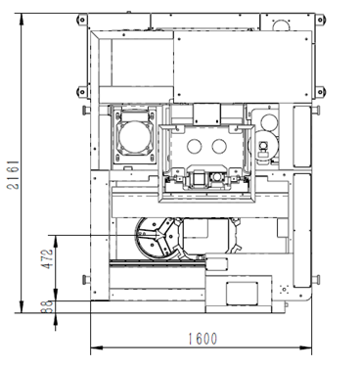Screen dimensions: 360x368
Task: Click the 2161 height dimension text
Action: pyautogui.click(x=14, y=175)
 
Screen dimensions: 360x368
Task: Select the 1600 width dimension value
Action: pyautogui.click(x=202, y=339)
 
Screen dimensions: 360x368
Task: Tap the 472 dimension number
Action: pyautogui.click(x=48, y=258)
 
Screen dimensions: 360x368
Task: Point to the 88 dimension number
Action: pyautogui.click(x=48, y=306)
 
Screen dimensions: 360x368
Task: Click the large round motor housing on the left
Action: pyautogui.click(x=134, y=136)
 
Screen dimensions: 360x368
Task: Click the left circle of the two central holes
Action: pyautogui.click(x=195, y=146)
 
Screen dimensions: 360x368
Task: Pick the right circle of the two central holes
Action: pyautogui.click(x=219, y=146)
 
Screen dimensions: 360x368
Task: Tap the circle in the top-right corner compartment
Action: pyautogui.click(x=281, y=25)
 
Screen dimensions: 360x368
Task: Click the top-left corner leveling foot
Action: pyautogui.click(x=82, y=20)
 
